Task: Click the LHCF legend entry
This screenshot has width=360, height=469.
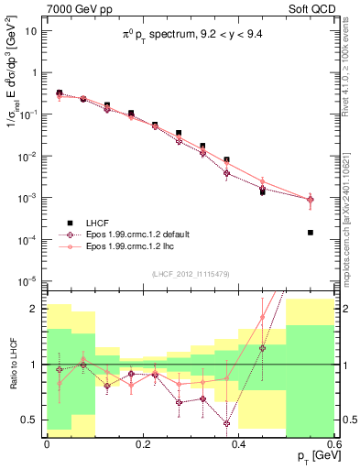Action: click(101, 223)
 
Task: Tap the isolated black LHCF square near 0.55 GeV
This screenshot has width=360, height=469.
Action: click(311, 233)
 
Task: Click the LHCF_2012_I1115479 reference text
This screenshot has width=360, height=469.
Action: click(191, 274)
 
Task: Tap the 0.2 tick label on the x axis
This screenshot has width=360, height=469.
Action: click(142, 442)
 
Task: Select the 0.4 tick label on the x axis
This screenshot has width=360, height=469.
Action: click(238, 442)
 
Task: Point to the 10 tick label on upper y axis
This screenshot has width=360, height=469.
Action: click(32, 30)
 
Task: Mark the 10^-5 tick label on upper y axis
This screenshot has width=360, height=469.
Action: click(30, 280)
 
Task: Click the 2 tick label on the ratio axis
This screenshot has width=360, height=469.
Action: click(37, 309)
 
